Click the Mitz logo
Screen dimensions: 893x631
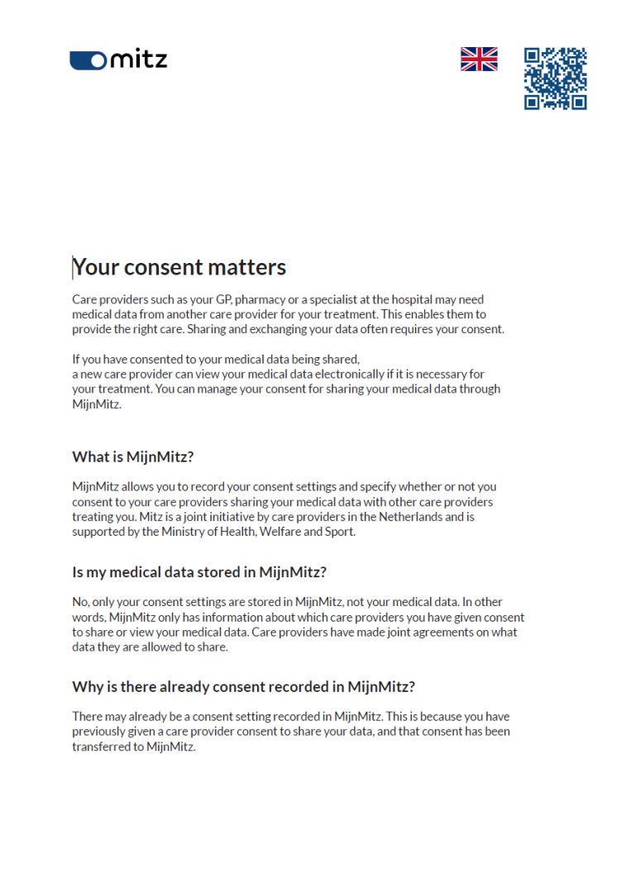[118, 60]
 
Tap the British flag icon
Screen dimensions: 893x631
[479, 59]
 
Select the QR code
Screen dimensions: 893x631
[555, 79]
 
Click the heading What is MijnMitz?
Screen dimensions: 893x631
[132, 456]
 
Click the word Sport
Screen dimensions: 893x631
[339, 532]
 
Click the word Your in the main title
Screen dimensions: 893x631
[93, 267]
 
